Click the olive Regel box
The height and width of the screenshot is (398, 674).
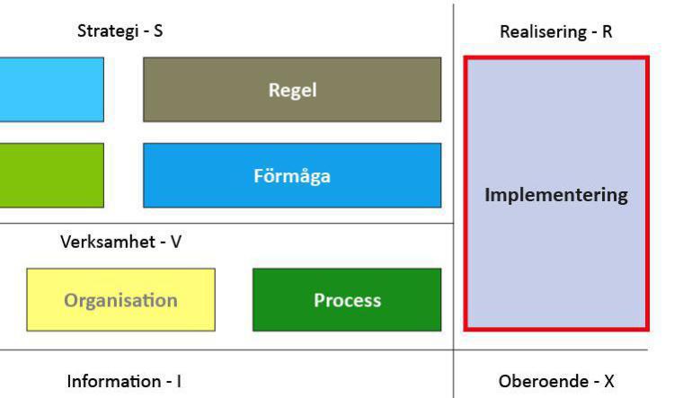[x=292, y=90]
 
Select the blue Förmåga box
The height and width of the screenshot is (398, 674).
[x=292, y=175]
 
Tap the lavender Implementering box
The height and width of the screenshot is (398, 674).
[x=556, y=194]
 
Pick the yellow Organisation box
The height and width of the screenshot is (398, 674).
[x=120, y=299]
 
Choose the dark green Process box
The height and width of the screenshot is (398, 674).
[x=347, y=299]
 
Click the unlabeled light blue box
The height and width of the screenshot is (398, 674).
[x=51, y=90]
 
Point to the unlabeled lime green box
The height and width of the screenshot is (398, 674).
[x=51, y=175]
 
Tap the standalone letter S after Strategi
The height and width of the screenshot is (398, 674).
[x=158, y=31]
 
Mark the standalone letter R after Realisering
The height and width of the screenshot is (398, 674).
[x=607, y=31]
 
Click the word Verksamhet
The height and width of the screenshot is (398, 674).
[x=108, y=243]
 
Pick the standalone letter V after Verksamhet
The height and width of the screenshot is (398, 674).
[x=176, y=243]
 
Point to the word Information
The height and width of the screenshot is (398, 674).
[x=115, y=382]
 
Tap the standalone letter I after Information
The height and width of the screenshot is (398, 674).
[x=178, y=382]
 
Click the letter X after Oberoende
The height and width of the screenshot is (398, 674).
[x=608, y=382]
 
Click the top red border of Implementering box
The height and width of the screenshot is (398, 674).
[x=556, y=59]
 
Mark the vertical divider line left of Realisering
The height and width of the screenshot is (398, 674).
[x=453, y=135]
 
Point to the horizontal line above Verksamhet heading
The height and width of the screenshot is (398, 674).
[x=225, y=224]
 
